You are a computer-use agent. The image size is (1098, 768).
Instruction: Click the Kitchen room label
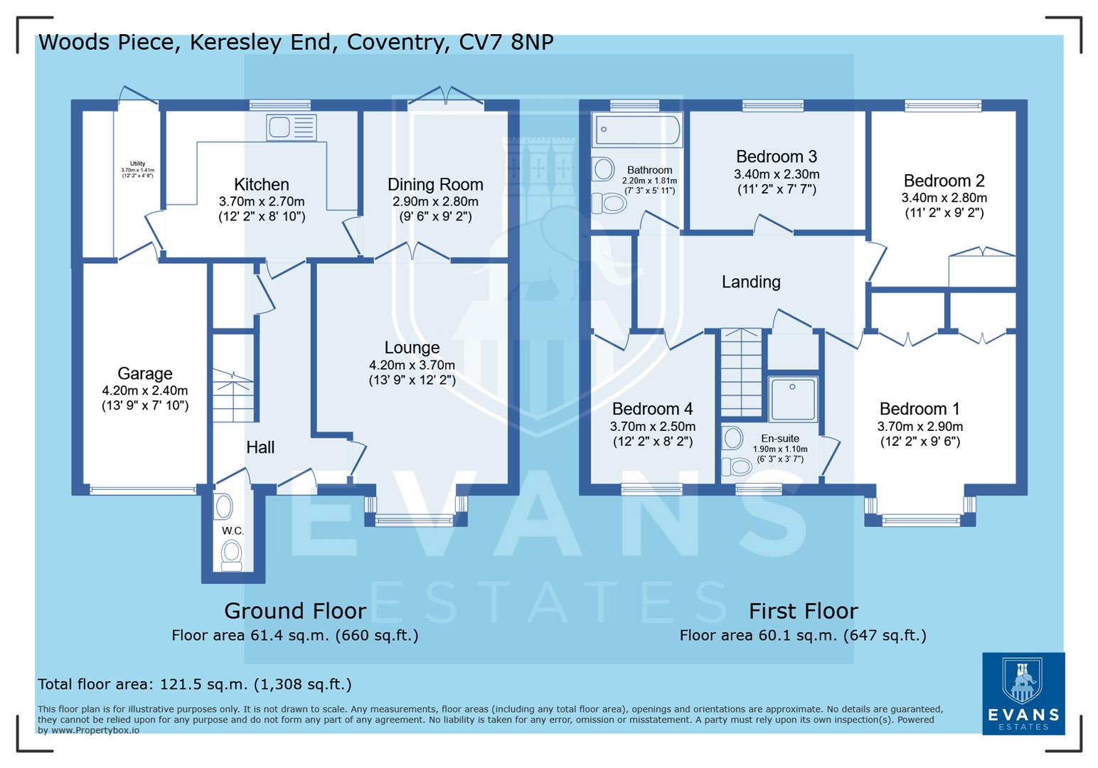point(261,185)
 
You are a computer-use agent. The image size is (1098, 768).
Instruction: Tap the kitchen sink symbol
point(290,128)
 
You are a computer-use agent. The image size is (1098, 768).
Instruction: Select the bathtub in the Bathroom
point(637,130)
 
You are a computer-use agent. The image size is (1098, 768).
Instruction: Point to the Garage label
point(145,373)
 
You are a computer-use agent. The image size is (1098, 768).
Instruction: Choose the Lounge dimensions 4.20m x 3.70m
point(412,366)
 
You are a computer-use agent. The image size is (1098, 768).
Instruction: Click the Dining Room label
point(435,185)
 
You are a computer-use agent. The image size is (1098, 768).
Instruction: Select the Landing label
point(751,282)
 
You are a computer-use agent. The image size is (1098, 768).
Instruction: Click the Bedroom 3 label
point(777,156)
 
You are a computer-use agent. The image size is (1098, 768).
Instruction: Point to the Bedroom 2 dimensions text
point(944,198)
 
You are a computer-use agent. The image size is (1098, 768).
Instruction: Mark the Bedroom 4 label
point(652,409)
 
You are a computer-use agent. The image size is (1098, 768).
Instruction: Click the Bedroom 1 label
point(920,409)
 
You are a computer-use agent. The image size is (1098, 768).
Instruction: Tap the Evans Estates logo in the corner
point(1023,693)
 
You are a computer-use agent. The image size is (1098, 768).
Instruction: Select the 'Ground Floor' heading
point(295,611)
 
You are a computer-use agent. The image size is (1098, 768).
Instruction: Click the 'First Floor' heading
point(803,611)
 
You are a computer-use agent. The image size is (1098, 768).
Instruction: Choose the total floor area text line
point(194,684)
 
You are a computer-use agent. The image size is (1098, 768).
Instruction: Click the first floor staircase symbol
point(741,373)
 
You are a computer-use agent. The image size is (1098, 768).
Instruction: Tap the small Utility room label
point(137,164)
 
